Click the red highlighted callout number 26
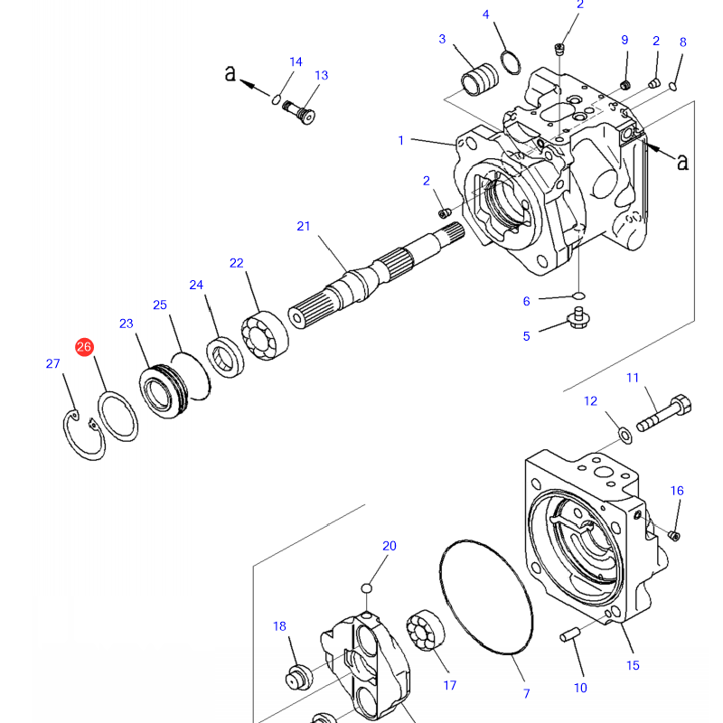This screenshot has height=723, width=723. (x=84, y=347)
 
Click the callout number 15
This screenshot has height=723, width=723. (x=633, y=665)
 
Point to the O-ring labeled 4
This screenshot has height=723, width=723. (x=512, y=62)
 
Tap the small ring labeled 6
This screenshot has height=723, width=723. (x=579, y=295)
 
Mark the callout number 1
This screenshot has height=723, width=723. (x=400, y=140)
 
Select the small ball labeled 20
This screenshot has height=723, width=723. (x=366, y=589)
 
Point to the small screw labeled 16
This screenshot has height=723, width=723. (x=672, y=535)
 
